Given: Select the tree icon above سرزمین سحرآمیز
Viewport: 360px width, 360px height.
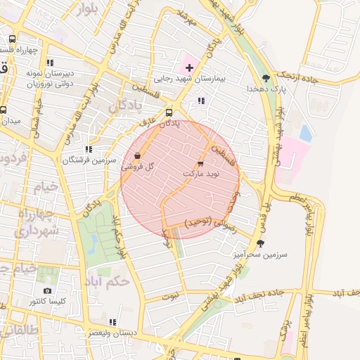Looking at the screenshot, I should pyautogui.click(x=261, y=243).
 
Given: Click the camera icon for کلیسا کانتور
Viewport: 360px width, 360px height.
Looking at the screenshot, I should pyautogui.click(x=47, y=291).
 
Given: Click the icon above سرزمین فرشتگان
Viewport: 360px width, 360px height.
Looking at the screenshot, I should pyautogui.click(x=88, y=149).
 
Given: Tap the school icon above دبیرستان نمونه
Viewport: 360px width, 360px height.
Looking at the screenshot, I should pyautogui.click(x=50, y=63).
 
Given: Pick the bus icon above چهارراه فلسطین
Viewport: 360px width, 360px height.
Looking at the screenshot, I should pyautogui.click(x=12, y=39).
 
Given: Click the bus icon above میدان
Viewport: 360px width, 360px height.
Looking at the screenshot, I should pyautogui.click(x=4, y=110).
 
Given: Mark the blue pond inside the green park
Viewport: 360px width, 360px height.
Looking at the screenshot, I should pyautogui.click(x=94, y=243).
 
